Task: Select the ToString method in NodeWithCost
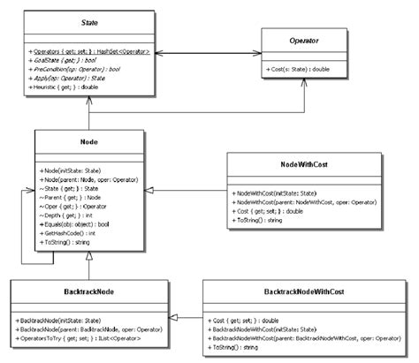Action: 260,219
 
